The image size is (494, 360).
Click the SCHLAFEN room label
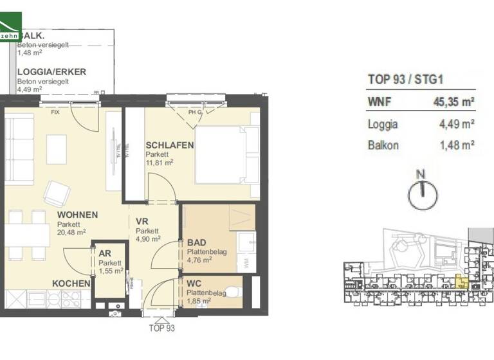170,145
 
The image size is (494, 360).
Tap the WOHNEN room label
77,215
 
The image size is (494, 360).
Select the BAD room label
196,243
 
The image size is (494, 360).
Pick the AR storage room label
105,253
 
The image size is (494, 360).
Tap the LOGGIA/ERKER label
51,73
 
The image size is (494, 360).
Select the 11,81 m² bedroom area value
160,163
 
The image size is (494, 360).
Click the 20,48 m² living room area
71,233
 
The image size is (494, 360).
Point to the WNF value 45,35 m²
454,101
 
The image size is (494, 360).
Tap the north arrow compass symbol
422,191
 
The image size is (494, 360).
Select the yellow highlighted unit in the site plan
461,280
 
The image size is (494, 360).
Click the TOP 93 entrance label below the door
161,328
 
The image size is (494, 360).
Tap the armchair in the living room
57,194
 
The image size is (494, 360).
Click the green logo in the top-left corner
10,28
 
